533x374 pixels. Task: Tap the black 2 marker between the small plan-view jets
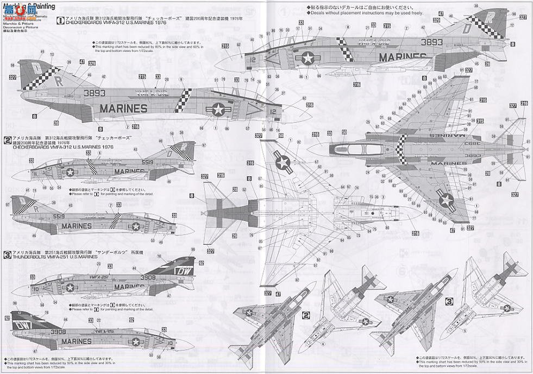click(x=306, y=314)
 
